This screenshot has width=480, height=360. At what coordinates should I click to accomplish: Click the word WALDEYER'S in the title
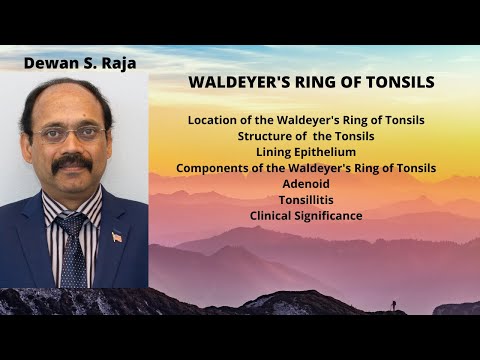[x=233, y=84]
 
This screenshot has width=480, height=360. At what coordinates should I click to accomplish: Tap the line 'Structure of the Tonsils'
[x=306, y=135]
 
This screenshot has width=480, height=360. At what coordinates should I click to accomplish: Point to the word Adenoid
[x=306, y=183]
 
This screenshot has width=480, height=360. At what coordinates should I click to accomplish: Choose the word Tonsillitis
[x=306, y=199]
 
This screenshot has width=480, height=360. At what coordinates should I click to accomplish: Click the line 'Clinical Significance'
[x=306, y=215]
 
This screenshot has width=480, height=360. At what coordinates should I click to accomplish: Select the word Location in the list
[x=213, y=119]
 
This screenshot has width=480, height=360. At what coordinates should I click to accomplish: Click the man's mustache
[x=72, y=161]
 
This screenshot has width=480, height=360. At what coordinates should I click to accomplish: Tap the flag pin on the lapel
[x=117, y=237]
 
